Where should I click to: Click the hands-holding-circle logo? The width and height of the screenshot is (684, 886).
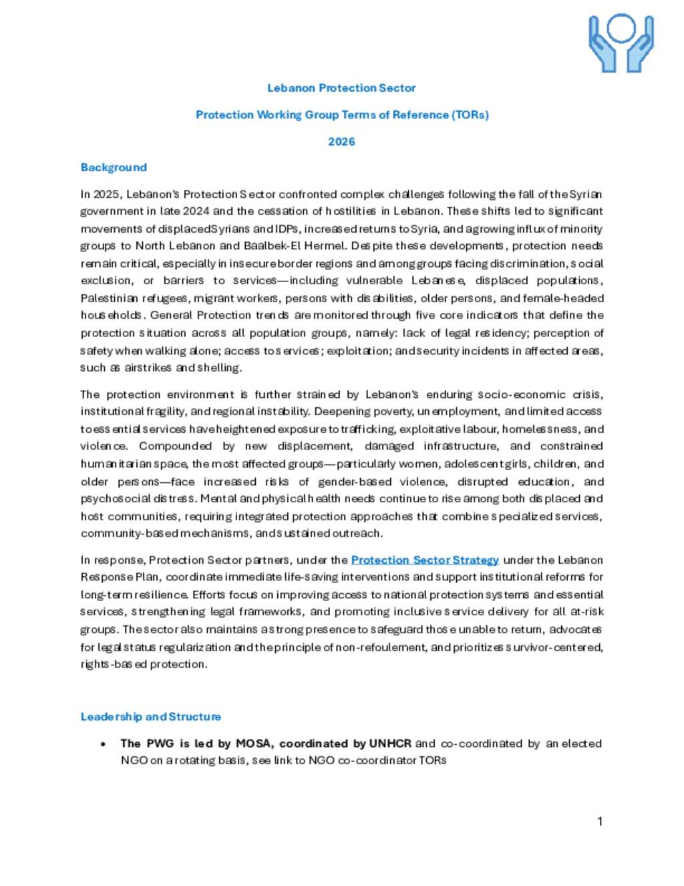coord(621,43)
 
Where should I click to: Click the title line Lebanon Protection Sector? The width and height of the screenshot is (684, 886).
coord(341,88)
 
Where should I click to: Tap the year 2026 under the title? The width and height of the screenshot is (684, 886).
coord(341,142)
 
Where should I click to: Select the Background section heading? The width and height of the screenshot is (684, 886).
coord(114,168)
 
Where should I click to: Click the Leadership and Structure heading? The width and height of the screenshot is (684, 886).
coord(150,717)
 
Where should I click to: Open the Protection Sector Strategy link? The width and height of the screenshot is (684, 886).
coord(425,560)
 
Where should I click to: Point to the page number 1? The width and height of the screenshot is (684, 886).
coord(600,822)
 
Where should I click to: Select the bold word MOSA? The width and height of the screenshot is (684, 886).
coord(254,744)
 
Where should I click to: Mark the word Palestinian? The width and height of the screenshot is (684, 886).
coord(109,298)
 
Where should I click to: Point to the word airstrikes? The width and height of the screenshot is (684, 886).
coord(148,368)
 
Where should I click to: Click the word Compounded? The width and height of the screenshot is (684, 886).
coord(175,447)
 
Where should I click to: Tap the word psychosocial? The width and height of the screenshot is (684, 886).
coord(110,499)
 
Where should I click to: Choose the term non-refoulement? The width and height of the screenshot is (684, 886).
coord(377,647)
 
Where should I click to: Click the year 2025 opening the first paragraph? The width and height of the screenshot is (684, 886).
coord(106,195)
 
